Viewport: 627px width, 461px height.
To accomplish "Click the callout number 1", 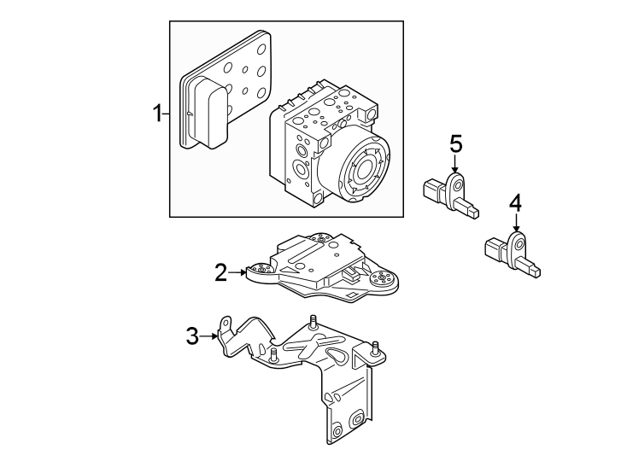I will (157, 114).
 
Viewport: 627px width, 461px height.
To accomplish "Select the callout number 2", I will (220, 272).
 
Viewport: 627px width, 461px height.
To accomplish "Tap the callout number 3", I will (193, 336).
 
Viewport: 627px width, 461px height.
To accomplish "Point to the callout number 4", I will (515, 203).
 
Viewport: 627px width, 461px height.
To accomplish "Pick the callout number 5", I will (455, 143).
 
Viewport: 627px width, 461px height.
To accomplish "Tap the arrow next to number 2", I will (238, 272).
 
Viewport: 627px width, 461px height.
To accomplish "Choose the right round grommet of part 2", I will (381, 281).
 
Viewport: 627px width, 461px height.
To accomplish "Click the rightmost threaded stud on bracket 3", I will (374, 348).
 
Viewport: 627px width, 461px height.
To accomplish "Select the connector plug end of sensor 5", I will (431, 190).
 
